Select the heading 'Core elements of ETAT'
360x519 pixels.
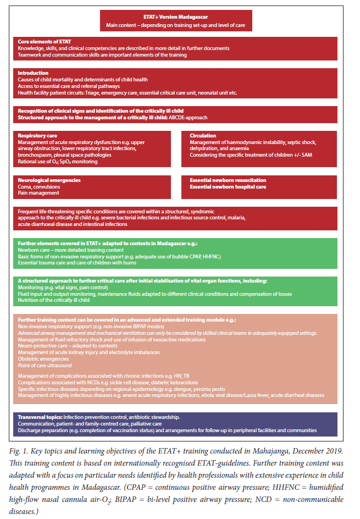coord(44,41)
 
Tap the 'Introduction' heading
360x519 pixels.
coord(33,73)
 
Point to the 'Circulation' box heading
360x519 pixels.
coord(203,135)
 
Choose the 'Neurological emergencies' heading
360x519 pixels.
coord(49,180)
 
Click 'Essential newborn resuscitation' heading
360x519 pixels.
coord(228,180)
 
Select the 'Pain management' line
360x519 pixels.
coord(38,193)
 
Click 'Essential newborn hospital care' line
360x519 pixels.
coord(228,186)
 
